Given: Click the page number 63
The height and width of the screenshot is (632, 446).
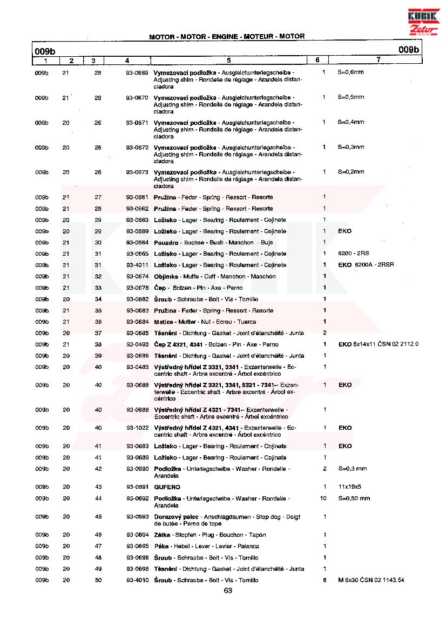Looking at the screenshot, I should click(228, 590).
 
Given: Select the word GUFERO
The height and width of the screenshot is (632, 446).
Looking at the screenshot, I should click(167, 487).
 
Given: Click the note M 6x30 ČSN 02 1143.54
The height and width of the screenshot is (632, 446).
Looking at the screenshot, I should click(371, 580).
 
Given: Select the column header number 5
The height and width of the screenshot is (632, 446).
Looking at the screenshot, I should click(229, 60).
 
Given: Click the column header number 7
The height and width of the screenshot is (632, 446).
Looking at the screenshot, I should click(379, 60).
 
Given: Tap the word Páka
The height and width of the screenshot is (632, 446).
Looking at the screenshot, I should click(161, 546).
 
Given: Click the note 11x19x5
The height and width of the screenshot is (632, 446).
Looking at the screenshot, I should click(350, 487).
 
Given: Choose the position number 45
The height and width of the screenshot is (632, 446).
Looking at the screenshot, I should click(98, 517).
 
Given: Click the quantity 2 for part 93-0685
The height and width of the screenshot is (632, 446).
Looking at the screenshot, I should click(325, 333).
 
